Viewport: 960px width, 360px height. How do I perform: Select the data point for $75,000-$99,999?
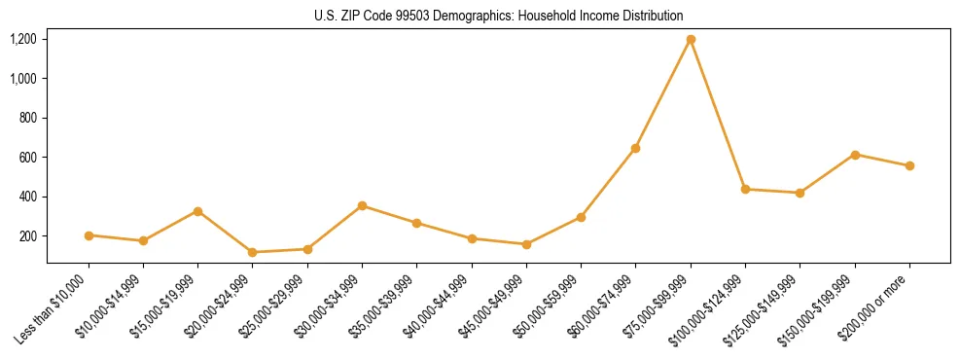pyautogui.click(x=691, y=40)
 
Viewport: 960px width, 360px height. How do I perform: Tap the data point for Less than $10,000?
pyautogui.click(x=89, y=235)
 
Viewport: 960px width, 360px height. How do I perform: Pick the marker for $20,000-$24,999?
pyautogui.click(x=253, y=252)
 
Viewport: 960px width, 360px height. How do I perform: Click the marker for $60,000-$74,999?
pyautogui.click(x=635, y=148)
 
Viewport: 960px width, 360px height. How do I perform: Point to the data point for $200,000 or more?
pyautogui.click(x=909, y=165)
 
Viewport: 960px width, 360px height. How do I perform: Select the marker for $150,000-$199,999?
pyautogui.click(x=855, y=155)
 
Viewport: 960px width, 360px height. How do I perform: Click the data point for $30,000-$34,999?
pyautogui.click(x=362, y=205)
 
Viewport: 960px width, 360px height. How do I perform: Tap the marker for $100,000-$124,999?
pyautogui.click(x=745, y=189)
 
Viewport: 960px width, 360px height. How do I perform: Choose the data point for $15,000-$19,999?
pyautogui.click(x=197, y=211)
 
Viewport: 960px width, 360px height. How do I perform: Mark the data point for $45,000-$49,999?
pyautogui.click(x=526, y=244)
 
